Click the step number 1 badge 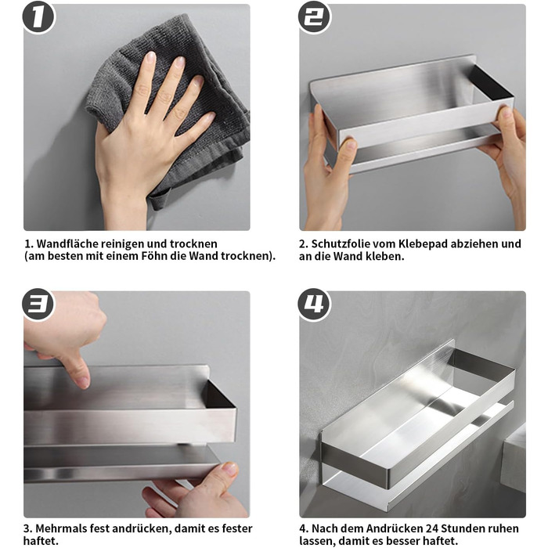click(x=38, y=16)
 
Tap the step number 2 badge click(x=314, y=16)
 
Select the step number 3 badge click(x=38, y=304)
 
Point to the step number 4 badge click(x=314, y=304)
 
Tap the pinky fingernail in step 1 click(x=211, y=117)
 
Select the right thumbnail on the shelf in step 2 click(x=506, y=112)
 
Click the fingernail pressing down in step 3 click(x=83, y=382)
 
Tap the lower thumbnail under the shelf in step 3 click(x=230, y=468)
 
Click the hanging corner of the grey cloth click(x=156, y=204)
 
